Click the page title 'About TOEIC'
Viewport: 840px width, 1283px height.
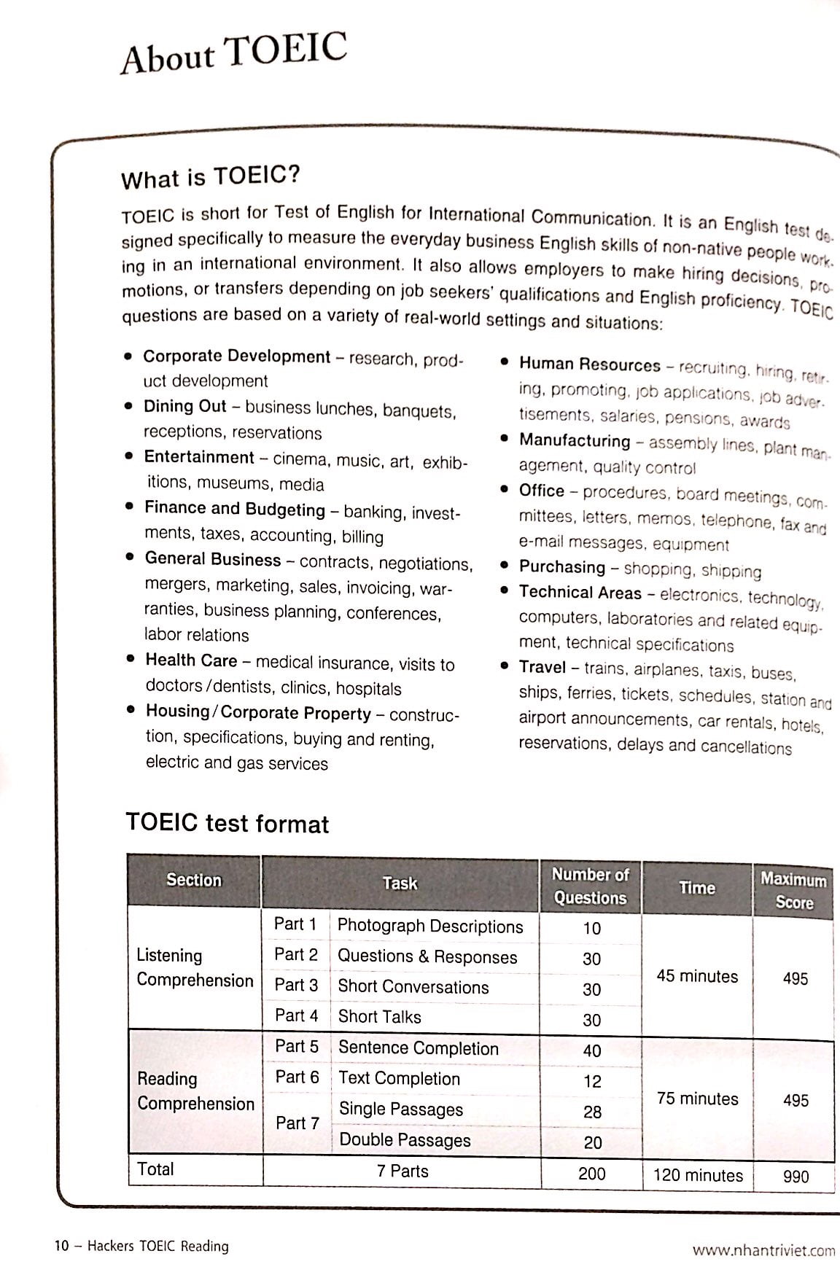233,53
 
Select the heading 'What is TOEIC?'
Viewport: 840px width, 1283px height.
211,177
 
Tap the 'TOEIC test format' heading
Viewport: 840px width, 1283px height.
227,824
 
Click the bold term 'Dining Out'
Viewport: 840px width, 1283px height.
185,407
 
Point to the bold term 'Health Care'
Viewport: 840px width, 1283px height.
191,660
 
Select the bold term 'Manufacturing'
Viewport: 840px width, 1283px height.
575,440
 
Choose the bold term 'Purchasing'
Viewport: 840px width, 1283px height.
562,566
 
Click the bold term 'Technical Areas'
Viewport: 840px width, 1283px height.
580,593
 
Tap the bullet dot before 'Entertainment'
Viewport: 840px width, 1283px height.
129,456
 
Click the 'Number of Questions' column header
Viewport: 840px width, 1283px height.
590,886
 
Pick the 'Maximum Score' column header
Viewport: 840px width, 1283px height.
793,890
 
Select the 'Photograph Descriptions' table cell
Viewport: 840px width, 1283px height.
430,927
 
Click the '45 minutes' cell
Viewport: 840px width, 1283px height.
697,976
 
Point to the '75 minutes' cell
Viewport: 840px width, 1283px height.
697,1099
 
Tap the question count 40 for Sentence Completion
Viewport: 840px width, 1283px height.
592,1050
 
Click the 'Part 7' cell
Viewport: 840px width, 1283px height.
297,1123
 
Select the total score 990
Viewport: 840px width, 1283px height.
795,1176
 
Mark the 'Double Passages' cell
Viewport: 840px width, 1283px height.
405,1140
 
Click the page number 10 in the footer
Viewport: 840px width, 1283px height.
61,1246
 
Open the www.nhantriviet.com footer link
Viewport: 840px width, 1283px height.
763,1250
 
